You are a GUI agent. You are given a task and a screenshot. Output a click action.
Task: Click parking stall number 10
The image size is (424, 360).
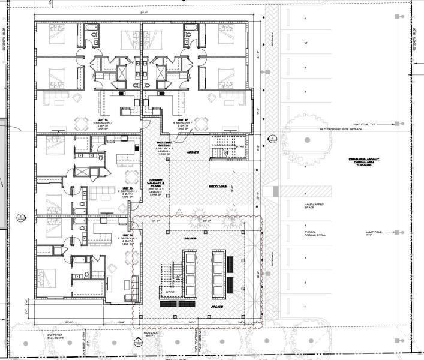click(306, 43)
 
